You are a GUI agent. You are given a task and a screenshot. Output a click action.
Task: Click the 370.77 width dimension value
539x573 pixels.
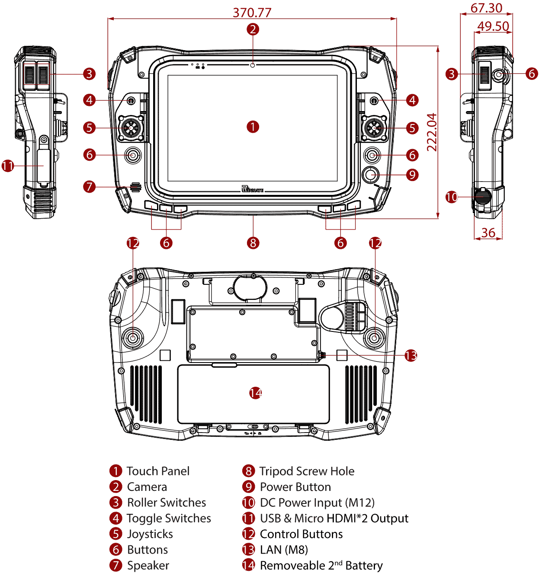(x=252, y=12)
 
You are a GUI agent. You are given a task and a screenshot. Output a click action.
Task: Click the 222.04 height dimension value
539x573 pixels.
(x=432, y=132)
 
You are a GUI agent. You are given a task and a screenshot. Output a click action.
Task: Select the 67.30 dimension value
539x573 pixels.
(x=486, y=8)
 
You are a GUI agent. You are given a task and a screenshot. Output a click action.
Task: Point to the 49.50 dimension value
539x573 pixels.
(x=493, y=26)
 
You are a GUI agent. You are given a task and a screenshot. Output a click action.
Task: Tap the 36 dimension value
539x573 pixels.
(x=488, y=232)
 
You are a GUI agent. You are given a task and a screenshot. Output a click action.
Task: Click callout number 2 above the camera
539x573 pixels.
(x=253, y=29)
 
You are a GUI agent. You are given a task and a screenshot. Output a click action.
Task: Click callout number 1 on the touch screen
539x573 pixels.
(x=253, y=127)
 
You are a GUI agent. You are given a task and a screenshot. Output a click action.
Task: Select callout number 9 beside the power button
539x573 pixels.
(x=412, y=175)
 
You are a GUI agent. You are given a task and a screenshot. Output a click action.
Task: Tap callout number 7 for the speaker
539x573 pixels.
(x=89, y=187)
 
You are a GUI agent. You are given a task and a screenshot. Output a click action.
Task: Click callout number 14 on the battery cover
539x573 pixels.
(x=255, y=393)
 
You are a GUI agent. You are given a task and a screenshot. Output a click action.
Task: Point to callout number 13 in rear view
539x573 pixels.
(x=411, y=356)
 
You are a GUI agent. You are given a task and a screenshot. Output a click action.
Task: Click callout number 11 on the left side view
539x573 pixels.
(x=8, y=166)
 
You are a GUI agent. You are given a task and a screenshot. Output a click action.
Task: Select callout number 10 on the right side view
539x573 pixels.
(x=451, y=197)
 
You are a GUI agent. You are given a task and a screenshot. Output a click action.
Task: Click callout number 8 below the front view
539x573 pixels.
(x=253, y=243)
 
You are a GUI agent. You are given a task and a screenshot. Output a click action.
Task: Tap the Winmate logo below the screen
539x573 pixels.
(x=252, y=189)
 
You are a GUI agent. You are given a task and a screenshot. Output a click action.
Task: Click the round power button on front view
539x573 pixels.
(x=371, y=175)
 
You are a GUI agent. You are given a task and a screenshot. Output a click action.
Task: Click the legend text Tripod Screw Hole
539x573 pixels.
(x=307, y=471)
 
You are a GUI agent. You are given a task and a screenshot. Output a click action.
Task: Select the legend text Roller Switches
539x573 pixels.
(x=167, y=503)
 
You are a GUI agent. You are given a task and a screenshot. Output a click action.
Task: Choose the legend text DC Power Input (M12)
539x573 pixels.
(x=317, y=503)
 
